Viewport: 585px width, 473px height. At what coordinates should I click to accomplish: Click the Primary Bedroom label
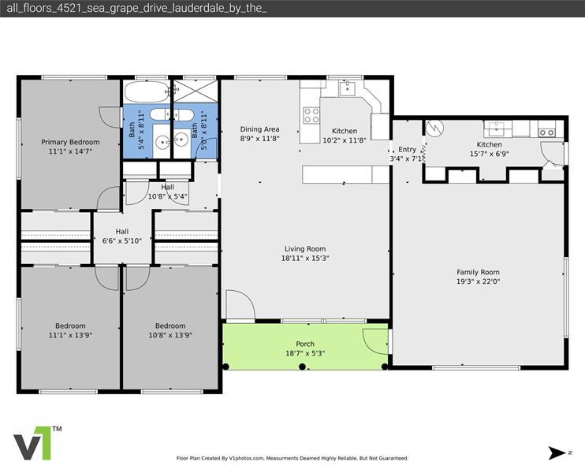point(70,143)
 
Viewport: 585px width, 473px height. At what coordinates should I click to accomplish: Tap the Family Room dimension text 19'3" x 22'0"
point(479,281)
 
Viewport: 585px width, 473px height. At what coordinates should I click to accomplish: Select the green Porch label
point(305,344)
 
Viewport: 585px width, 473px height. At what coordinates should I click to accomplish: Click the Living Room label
point(304,249)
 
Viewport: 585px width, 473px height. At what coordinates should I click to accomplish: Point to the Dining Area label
point(260,129)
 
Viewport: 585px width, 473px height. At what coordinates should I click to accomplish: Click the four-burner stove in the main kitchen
point(311,116)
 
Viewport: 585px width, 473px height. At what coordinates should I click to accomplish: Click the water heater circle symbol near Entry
point(434,128)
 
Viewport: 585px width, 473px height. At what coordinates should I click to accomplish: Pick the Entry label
point(407,149)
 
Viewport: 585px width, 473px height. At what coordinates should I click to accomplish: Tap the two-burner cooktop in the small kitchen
point(547,132)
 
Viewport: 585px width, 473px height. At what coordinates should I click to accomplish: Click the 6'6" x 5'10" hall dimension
point(121,241)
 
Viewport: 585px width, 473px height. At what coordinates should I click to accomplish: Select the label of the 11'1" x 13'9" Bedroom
point(70,326)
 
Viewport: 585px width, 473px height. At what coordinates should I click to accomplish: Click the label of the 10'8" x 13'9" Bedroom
point(170,326)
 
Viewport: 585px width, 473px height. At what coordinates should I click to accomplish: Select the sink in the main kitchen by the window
point(348,89)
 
